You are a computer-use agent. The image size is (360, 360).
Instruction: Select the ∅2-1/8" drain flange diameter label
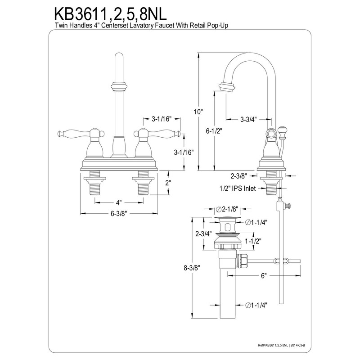tap(227, 209)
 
